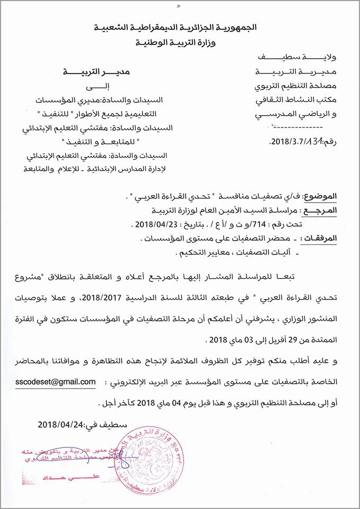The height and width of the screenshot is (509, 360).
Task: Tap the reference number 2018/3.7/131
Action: click(x=297, y=142)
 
